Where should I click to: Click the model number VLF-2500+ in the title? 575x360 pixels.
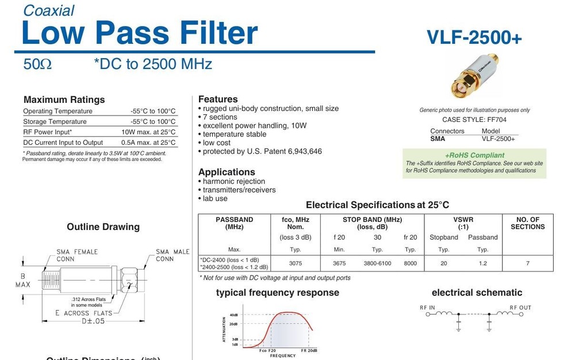474,37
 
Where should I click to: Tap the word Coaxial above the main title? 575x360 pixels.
49,10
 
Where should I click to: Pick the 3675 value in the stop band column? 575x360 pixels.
339,263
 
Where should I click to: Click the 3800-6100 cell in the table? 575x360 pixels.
377,263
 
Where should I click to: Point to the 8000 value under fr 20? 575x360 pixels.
410,263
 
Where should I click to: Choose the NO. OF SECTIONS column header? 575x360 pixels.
527,223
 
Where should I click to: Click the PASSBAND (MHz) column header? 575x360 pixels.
234,223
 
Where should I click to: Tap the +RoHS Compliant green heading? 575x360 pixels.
474,155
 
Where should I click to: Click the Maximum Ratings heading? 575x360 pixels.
64,99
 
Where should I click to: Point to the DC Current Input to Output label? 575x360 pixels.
63,142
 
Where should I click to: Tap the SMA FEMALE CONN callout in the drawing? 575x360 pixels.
77,255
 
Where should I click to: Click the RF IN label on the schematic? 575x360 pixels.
427,308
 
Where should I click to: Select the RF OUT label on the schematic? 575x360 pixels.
520,308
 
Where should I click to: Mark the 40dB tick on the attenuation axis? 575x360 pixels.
233,315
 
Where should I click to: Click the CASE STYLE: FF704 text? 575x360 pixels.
474,120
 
